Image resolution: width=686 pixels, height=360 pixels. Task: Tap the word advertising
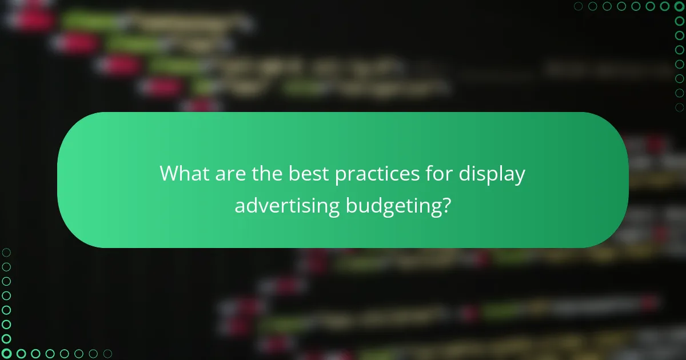coord(288,206)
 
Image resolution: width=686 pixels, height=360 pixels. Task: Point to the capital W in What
coord(170,173)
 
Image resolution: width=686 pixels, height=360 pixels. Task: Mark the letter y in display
coord(519,176)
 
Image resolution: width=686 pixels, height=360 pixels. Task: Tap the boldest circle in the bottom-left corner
coord(6,354)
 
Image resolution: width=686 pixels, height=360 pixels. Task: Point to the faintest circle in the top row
coord(578,6)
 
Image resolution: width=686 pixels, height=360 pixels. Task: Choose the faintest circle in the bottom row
coord(107,354)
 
